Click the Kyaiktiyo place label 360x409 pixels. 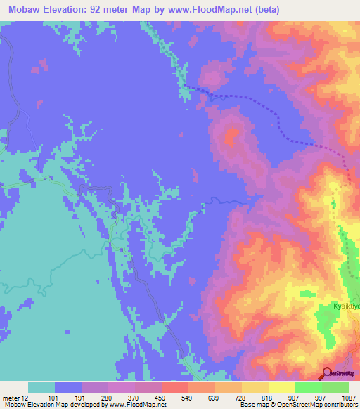click(346, 306)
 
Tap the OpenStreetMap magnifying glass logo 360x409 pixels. click(328, 373)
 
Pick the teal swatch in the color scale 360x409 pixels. click(41, 387)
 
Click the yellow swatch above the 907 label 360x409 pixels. click(282, 387)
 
